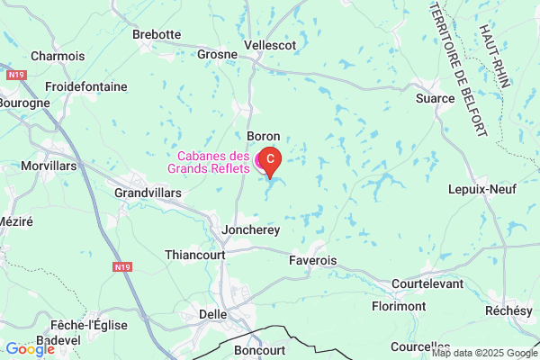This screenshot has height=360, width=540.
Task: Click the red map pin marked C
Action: [270, 159]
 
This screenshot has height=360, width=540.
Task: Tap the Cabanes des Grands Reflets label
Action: [213, 161]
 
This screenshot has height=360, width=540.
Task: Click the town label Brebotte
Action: [157, 34]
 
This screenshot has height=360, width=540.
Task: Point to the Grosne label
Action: [217, 54]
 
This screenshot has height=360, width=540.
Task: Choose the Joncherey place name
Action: [251, 230]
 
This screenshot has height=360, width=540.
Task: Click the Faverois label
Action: [313, 260]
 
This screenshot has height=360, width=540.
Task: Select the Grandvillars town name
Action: [148, 193]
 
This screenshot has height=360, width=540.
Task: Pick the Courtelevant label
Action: [427, 283]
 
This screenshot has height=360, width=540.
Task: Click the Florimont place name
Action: [399, 306]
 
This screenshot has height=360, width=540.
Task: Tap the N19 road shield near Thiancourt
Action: [123, 267]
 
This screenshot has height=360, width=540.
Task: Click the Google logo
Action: [30, 349]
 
